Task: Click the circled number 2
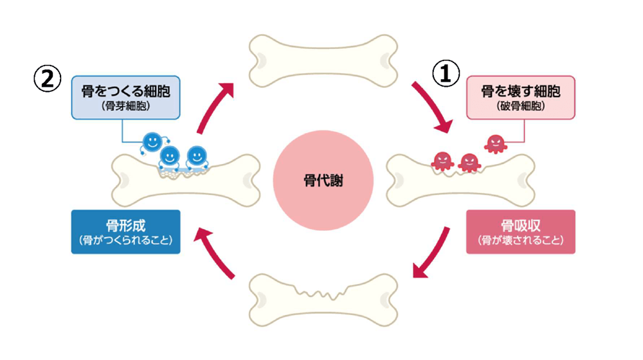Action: click(47, 80)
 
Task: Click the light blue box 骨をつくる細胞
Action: click(125, 98)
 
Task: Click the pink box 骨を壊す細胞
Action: click(520, 98)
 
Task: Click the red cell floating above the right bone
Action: click(494, 143)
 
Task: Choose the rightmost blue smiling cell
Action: click(196, 156)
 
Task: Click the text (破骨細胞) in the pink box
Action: click(520, 106)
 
